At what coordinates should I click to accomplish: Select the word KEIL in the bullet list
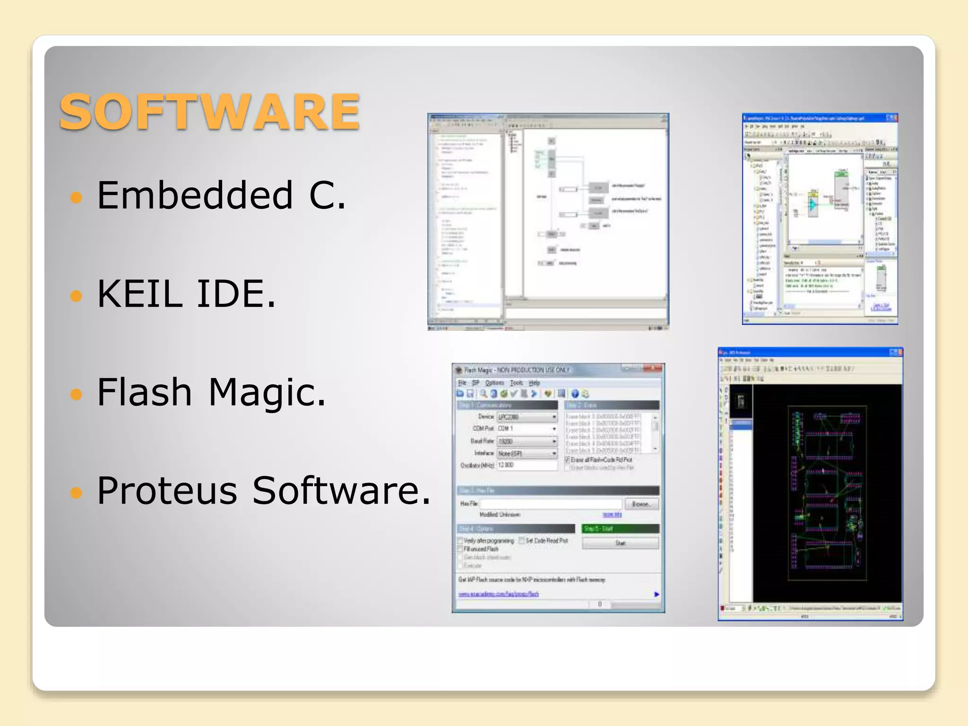tap(140, 294)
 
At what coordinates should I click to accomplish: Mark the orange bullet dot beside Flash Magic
tap(76, 394)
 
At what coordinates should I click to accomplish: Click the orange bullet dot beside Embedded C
tap(76, 197)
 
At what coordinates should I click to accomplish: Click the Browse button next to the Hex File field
tap(641, 504)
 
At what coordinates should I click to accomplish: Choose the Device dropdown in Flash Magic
tap(527, 417)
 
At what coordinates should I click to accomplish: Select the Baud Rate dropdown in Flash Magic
tap(527, 441)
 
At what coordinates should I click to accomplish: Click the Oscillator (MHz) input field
tap(527, 465)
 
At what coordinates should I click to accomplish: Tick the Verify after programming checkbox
tap(460, 541)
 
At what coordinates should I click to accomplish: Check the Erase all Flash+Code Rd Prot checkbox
tap(568, 459)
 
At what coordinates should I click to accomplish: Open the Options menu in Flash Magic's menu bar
tap(494, 382)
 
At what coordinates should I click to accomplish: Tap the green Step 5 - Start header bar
tap(621, 528)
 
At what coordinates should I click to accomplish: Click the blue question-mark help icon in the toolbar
tap(575, 394)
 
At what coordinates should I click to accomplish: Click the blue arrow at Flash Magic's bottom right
tap(657, 594)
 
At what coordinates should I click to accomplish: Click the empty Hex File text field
tap(551, 504)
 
